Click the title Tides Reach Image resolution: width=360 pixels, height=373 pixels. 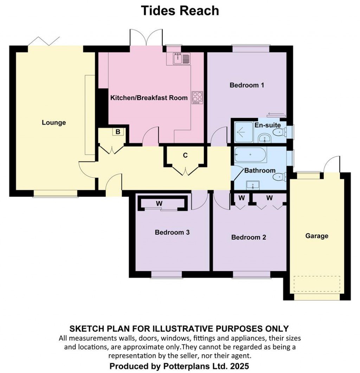click(x=180, y=11)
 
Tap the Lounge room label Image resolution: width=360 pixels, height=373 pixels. click(x=54, y=123)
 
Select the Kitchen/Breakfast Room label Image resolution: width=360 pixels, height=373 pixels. click(x=149, y=98)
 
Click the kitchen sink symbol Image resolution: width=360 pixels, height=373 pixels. click(x=181, y=59)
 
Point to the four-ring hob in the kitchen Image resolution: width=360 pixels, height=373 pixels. click(x=197, y=97)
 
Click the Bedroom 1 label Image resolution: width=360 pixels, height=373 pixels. click(x=247, y=85)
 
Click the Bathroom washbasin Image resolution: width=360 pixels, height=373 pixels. click(x=253, y=184)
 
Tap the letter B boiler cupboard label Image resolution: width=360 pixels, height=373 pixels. click(x=118, y=132)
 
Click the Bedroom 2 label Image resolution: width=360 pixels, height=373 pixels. click(x=249, y=237)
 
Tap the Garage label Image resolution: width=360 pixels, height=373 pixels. click(x=317, y=236)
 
